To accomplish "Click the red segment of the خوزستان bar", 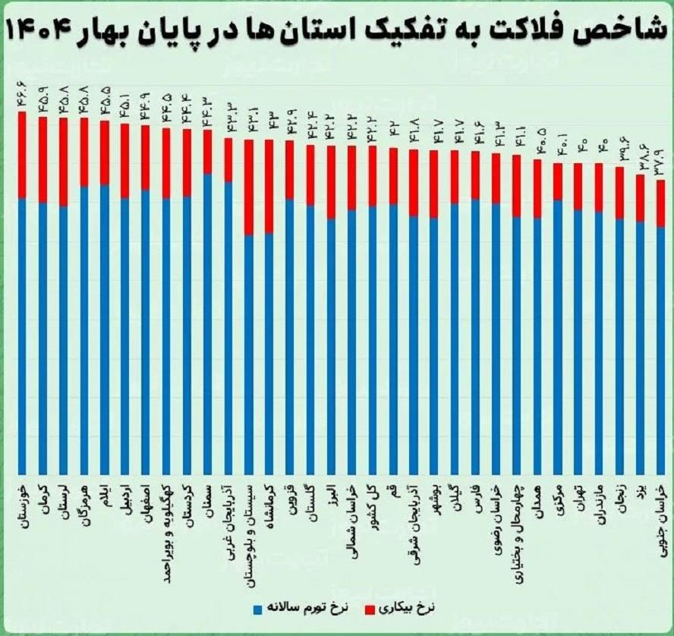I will pos(23,156).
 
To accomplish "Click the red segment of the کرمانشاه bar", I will pos(269,186).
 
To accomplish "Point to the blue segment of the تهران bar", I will pos(578,342).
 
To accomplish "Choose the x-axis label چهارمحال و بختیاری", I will pos(517,524).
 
